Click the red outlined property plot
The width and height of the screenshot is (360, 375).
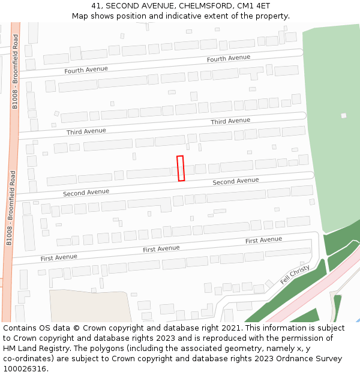181,169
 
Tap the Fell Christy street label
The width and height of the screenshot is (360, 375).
295,275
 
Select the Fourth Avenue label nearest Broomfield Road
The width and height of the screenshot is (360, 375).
86,70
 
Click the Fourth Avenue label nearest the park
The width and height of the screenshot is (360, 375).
228,58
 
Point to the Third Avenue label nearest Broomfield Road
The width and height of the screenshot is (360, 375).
86,131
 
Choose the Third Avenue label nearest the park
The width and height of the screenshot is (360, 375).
230,121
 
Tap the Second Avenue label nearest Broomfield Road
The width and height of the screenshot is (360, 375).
86,193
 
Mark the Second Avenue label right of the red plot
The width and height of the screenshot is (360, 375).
236,181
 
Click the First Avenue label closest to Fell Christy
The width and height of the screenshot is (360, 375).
263,240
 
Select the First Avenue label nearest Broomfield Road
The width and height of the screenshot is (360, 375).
59,257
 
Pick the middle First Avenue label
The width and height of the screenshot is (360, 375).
161,248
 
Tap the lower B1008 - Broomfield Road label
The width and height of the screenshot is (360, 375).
11,208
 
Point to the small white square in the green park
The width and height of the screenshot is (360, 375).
344,115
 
